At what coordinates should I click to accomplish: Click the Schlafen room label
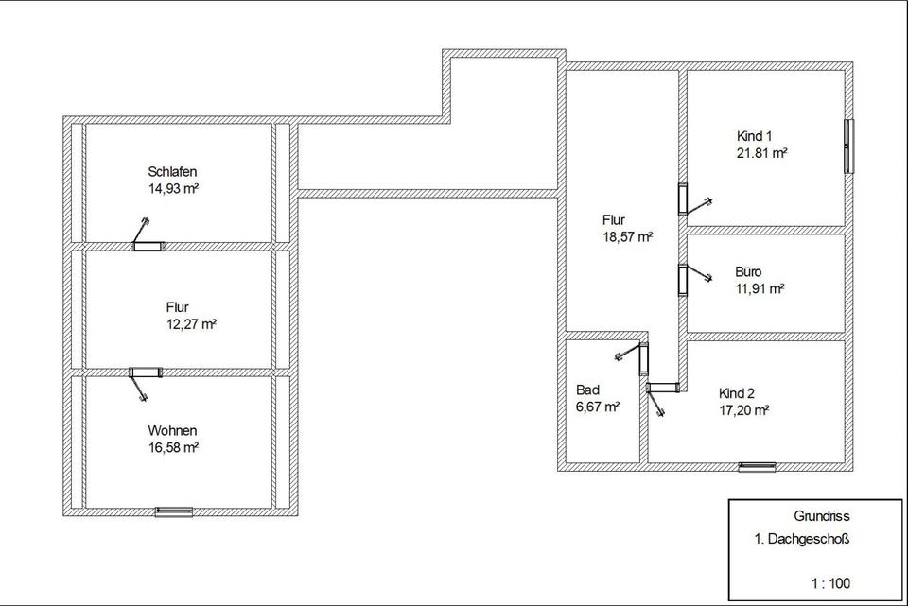pos(172,172)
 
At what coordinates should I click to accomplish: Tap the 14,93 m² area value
pos(172,188)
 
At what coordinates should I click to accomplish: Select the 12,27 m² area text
pos(191,324)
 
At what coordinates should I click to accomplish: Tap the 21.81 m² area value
pos(762,152)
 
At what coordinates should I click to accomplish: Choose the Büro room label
pos(748,272)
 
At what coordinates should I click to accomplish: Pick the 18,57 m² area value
pos(627,237)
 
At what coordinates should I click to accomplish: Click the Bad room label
pos(587,390)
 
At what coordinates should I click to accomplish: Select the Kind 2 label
pos(738,393)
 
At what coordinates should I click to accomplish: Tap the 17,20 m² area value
pos(743,410)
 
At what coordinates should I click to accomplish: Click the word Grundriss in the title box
pos(823,516)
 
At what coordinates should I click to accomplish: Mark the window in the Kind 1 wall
pos(849,145)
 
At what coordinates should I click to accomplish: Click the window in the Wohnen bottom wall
pos(174,511)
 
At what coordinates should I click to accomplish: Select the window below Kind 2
pos(757,465)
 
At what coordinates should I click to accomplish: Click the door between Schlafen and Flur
pos(147,247)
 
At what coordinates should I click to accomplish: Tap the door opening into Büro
pos(682,280)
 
